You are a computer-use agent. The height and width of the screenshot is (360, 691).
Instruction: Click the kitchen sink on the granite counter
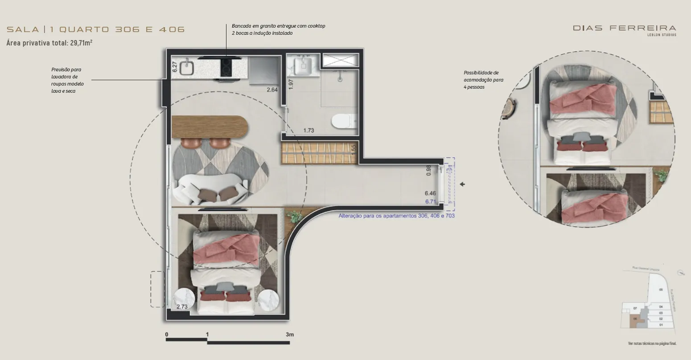click(x=186, y=68)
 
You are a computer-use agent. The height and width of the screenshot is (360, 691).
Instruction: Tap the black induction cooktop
click(x=226, y=68)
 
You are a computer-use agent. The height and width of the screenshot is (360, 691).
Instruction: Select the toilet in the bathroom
click(x=343, y=120)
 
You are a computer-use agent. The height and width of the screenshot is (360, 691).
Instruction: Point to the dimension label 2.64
click(x=272, y=90)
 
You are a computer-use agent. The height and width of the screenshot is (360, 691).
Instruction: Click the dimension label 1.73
click(x=308, y=131)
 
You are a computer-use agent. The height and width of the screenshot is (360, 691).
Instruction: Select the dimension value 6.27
click(x=175, y=67)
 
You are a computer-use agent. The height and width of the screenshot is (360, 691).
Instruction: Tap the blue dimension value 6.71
click(x=430, y=201)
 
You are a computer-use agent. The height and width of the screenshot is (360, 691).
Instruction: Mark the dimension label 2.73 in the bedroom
click(x=182, y=307)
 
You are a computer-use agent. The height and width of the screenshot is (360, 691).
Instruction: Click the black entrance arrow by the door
click(x=462, y=184)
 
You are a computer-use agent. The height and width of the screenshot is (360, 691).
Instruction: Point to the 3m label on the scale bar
click(x=290, y=335)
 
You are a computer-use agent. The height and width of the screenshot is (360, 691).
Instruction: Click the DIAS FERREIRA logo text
click(x=624, y=28)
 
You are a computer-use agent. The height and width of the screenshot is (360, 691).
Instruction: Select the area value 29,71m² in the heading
click(x=81, y=43)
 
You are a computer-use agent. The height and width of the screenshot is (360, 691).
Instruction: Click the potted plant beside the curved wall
click(x=294, y=217)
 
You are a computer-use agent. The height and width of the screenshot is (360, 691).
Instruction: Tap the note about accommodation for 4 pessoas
click(x=483, y=80)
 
